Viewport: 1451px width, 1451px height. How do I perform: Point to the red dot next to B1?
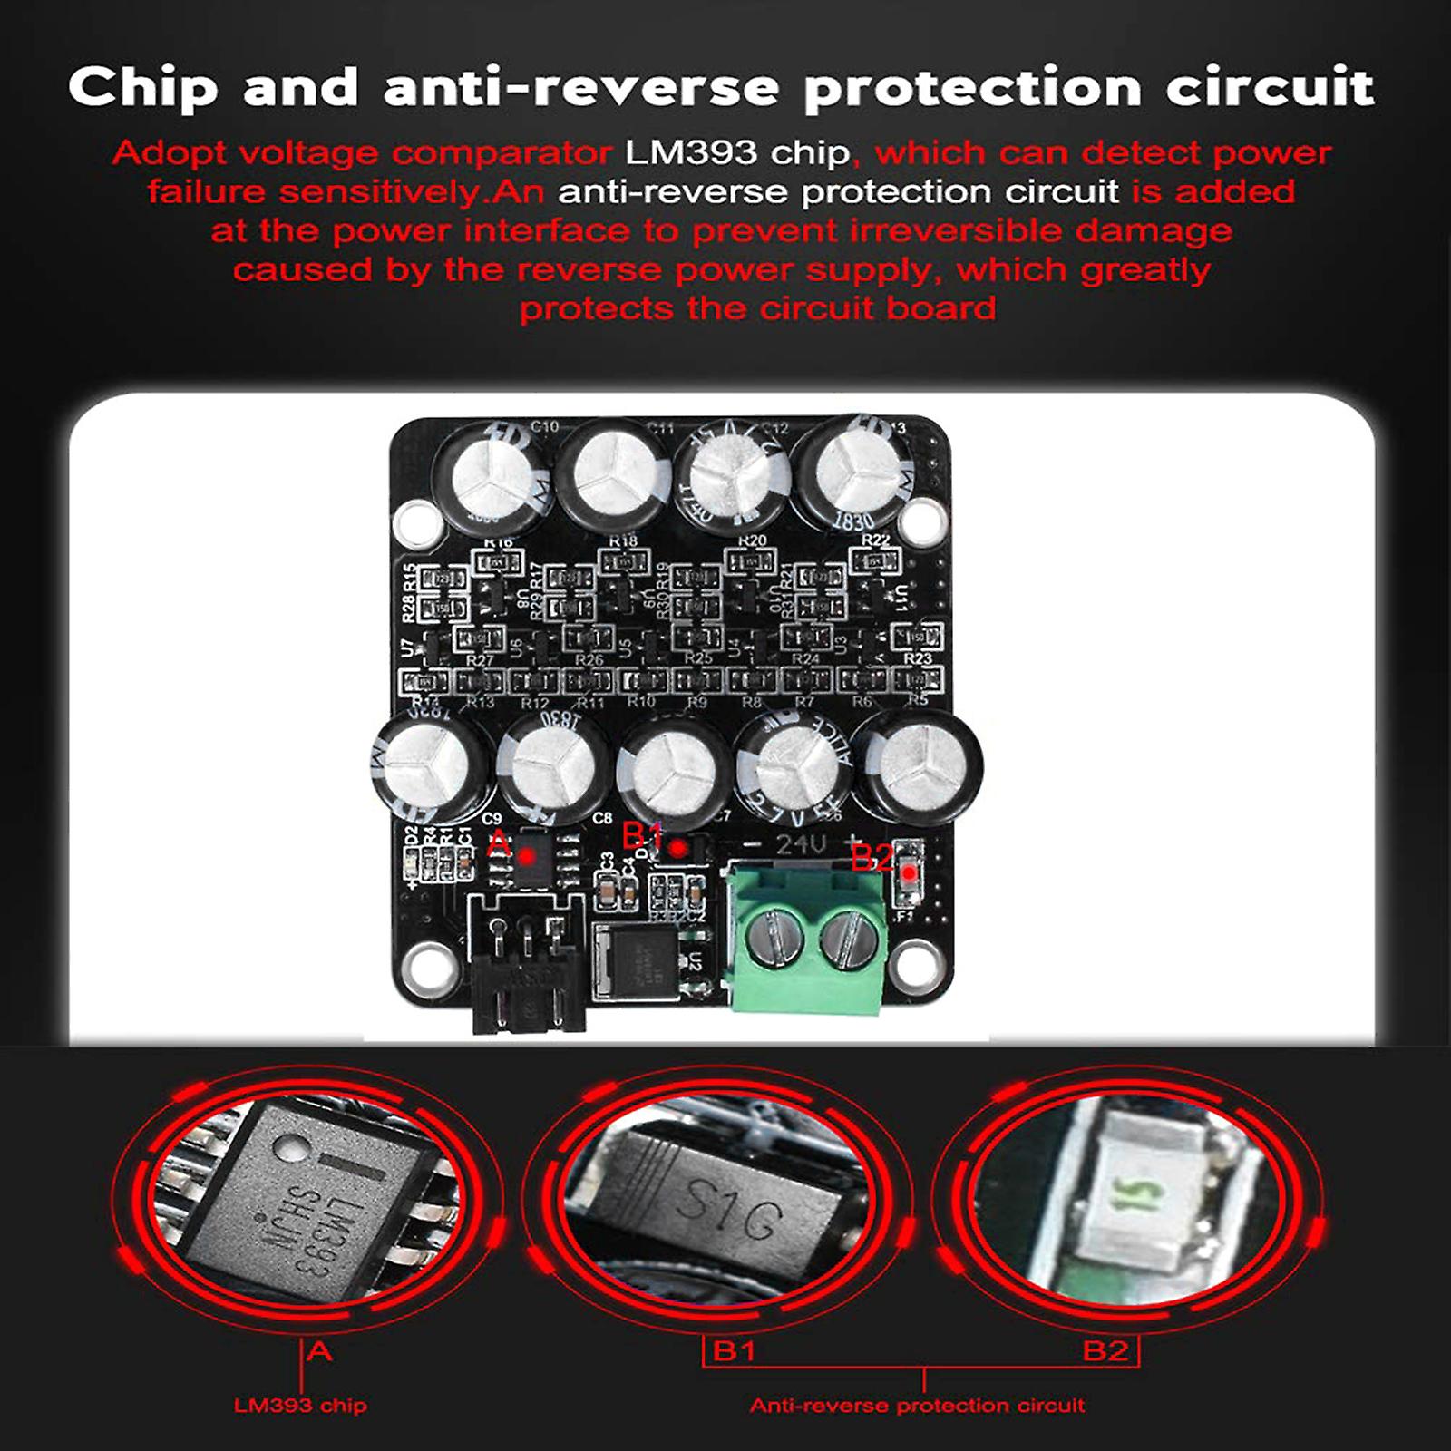pos(677,849)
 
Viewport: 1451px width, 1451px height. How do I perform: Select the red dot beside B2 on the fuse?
pos(908,872)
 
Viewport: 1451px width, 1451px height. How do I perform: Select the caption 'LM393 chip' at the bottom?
pos(300,1406)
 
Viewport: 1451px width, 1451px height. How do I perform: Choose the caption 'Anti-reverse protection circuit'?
pos(917,1406)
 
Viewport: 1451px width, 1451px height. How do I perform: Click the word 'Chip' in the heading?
pos(143,88)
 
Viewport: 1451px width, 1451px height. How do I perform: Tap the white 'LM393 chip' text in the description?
pos(736,153)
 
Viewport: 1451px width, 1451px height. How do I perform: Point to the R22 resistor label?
pos(875,540)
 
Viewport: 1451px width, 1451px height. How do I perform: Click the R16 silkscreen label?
pos(498,542)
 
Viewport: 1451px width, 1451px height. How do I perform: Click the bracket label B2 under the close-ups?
pos(1105,1351)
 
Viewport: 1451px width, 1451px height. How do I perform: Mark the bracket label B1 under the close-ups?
pos(735,1351)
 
